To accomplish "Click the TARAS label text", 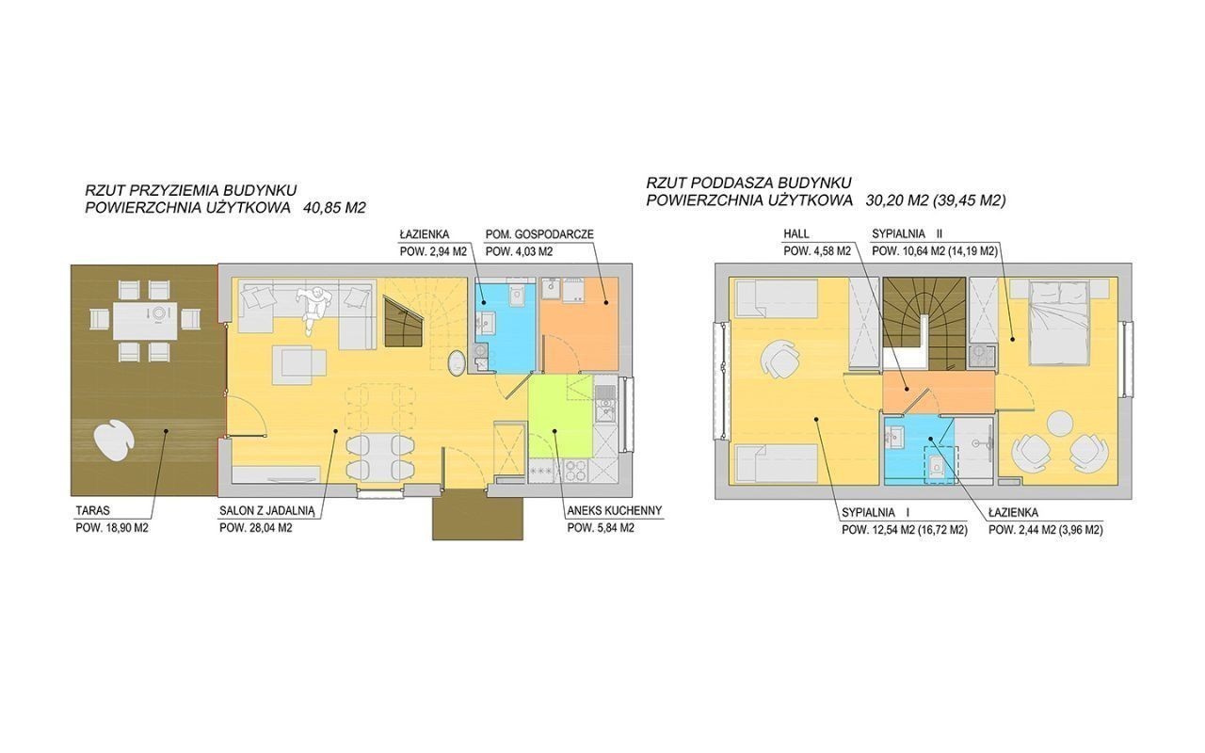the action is coord(93,511).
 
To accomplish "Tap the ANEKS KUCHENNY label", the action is coord(615,511).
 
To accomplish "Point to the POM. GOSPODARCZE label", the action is coord(539,234).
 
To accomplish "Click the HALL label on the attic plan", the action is coord(796,234).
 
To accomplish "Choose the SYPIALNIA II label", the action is coord(907,234).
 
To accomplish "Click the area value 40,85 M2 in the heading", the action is coord(334,208).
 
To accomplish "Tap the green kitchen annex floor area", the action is coord(559,417).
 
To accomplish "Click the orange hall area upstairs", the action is coord(939,392).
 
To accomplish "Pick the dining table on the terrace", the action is coord(145,321).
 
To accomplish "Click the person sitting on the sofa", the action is coord(313,307).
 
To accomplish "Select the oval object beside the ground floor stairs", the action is coord(457,362).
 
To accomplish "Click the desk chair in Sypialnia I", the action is coord(779,359).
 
